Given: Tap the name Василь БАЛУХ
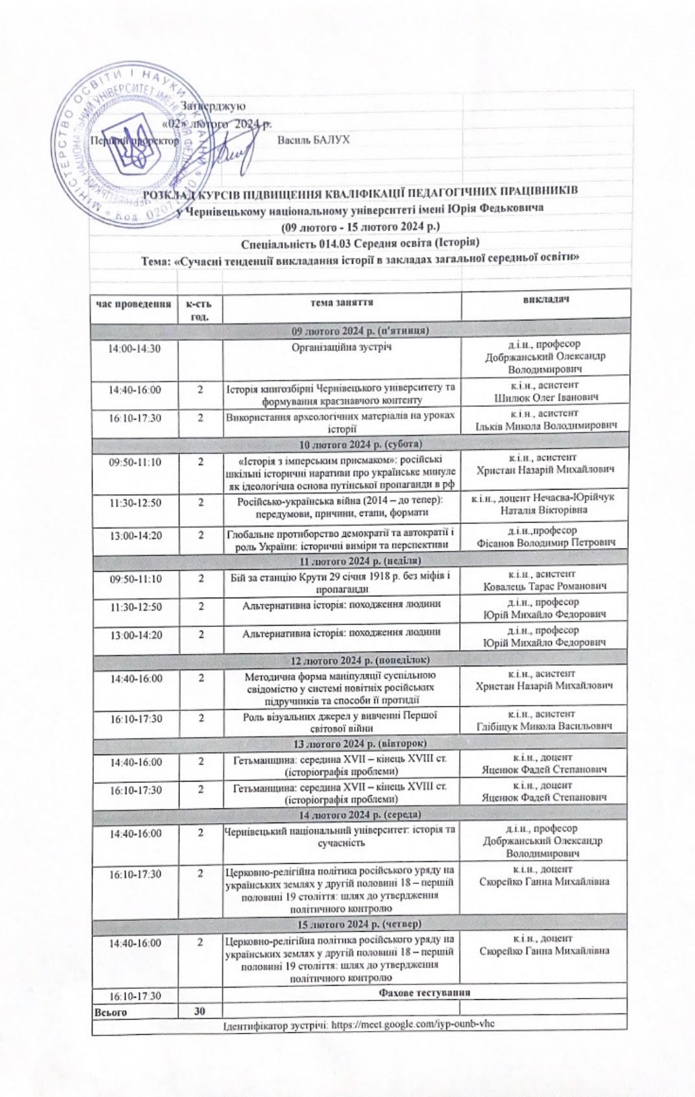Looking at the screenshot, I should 313,140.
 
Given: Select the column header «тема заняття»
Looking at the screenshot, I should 341,302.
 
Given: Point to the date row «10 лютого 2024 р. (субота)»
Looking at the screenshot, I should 360,444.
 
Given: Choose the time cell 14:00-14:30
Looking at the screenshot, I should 135,348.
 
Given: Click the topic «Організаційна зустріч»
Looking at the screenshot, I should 341,348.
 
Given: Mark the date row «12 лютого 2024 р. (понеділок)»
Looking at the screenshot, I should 360,660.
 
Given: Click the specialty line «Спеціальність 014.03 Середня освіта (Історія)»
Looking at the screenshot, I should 359,243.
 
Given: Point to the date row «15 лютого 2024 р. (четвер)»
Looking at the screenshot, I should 360,922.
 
